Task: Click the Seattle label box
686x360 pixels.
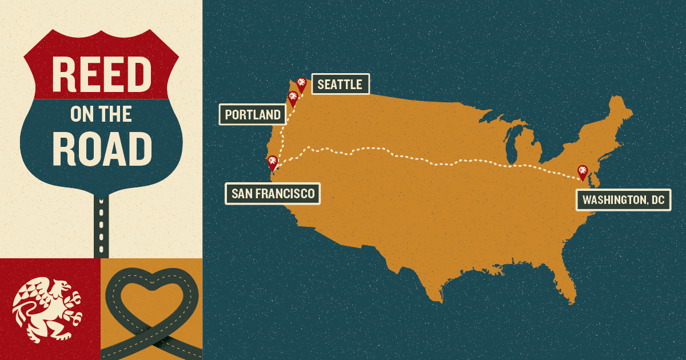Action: click(340, 85)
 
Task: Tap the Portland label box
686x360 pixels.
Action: click(253, 115)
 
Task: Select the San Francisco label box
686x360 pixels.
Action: click(273, 194)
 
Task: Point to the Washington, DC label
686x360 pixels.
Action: click(623, 201)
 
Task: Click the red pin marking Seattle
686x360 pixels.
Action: click(301, 85)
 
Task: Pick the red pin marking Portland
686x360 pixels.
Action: click(293, 98)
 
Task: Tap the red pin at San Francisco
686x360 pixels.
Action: click(272, 162)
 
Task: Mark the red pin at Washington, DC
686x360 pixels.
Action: click(583, 172)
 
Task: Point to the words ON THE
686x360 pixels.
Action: click(101, 114)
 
